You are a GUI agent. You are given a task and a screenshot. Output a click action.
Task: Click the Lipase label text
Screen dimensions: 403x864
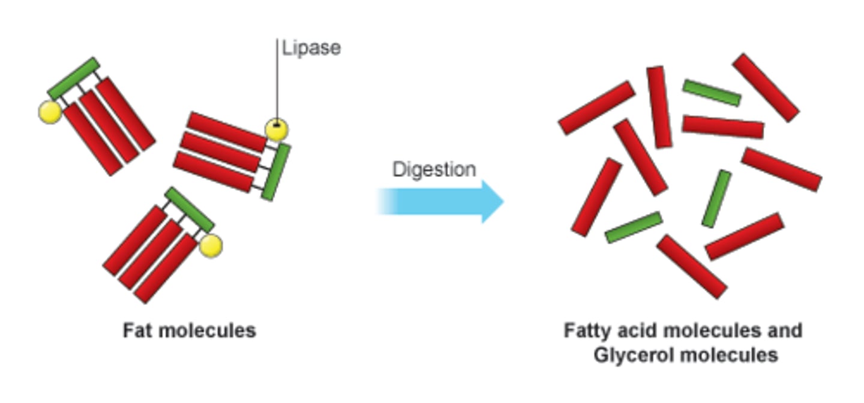point(311,49)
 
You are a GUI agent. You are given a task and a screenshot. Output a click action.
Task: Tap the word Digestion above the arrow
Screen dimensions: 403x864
point(434,170)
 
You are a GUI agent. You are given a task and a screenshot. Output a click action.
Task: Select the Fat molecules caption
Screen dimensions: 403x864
point(189,331)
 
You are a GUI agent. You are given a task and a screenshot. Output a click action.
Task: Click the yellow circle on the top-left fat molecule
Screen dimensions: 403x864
point(50,112)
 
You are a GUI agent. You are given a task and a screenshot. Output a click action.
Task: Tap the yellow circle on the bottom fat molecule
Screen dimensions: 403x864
point(211,246)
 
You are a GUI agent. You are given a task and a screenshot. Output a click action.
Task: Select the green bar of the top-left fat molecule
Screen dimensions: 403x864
point(73,79)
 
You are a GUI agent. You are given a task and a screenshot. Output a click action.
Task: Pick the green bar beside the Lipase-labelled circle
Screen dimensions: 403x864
point(276,172)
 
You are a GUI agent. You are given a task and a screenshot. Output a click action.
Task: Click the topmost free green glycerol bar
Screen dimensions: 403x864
point(712,93)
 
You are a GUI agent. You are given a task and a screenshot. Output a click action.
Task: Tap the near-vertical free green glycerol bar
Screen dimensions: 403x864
point(716,199)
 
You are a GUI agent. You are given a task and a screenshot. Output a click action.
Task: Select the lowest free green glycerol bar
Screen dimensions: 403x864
point(634,227)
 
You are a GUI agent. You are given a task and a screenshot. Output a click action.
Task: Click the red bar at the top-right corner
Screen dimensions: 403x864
point(766,87)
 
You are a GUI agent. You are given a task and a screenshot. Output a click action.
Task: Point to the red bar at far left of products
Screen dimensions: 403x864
point(596,197)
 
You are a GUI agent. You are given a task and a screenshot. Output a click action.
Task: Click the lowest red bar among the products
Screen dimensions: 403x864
point(692,267)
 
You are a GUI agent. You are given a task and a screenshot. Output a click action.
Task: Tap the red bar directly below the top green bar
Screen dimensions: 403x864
point(723,127)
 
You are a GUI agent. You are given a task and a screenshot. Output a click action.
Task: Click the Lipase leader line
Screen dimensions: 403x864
point(277,78)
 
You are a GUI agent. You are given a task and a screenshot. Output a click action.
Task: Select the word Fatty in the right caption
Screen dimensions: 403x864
point(586,331)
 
